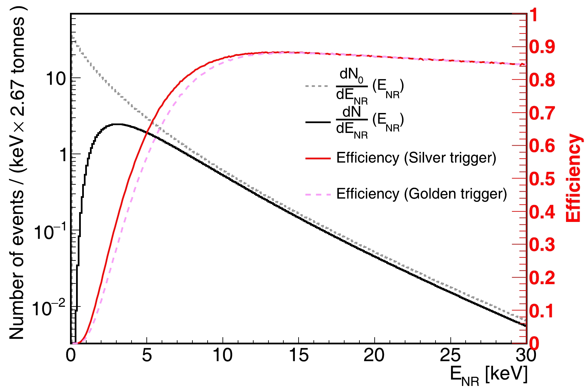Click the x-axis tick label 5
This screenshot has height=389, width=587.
147,356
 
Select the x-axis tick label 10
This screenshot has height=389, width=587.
222,356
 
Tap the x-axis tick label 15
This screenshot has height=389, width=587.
299,356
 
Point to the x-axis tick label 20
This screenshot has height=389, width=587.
374,356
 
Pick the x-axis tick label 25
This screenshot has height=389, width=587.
450,356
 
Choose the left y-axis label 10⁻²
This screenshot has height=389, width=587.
49,308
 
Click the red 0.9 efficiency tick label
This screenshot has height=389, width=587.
542,47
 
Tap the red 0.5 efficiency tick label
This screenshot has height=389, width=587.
542,179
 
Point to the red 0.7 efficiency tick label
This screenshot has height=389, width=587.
542,113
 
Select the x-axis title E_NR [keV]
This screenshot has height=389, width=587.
489,375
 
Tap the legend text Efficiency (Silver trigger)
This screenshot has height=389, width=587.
416,158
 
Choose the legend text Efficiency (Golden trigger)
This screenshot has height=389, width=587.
422,194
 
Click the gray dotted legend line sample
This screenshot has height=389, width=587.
317,86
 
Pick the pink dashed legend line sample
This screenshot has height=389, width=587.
318,194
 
